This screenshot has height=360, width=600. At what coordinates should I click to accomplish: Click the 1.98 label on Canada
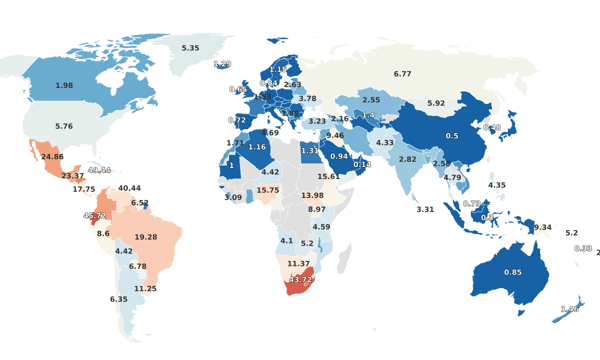[64, 85]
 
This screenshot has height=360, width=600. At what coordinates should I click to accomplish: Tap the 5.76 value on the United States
[64, 126]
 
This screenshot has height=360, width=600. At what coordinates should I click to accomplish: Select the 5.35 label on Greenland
[190, 48]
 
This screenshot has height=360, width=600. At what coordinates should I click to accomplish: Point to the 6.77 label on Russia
[402, 74]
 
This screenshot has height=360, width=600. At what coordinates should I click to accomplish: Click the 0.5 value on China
[452, 136]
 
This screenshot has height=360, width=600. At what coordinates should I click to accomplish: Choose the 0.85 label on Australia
[512, 272]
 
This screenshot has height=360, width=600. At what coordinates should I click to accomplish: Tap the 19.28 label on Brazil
[145, 237]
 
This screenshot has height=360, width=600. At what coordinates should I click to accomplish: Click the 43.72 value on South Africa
[300, 279]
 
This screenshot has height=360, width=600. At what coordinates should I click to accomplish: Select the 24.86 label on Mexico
[52, 156]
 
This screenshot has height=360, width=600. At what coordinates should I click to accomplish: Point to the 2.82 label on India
[407, 159]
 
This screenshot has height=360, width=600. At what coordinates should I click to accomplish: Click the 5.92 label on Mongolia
[436, 103]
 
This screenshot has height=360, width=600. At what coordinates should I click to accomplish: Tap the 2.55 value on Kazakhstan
[371, 99]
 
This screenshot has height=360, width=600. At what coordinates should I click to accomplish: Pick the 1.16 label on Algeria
[257, 147]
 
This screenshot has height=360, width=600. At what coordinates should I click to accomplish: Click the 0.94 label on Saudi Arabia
[339, 156]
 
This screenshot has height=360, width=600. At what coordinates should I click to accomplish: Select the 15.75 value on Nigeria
[268, 190]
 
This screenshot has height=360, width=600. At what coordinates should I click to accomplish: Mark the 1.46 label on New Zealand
[569, 309]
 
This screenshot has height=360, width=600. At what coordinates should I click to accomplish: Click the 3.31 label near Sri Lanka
[425, 209]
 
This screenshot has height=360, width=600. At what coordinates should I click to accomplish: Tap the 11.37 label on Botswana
[298, 263]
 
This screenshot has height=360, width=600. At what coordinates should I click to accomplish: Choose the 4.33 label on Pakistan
[385, 142]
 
